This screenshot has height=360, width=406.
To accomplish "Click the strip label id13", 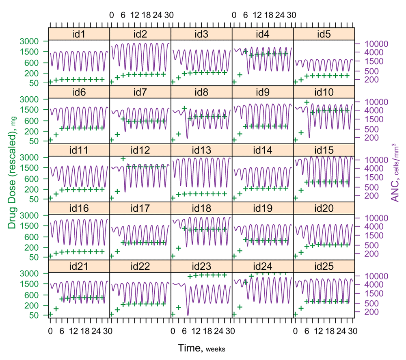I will pyautogui.click(x=201, y=150).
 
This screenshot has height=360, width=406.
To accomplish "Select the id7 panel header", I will pyautogui.click(x=140, y=93).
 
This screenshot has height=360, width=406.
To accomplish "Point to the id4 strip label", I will pyautogui.click(x=263, y=35).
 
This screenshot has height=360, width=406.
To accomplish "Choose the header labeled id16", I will pyautogui.click(x=79, y=208).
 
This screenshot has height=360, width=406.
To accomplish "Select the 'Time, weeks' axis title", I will pyautogui.click(x=201, y=348).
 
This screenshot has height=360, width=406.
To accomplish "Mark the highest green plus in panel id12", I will pyautogui.click(x=123, y=158).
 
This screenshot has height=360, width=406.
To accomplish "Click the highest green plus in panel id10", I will pyautogui.click(x=307, y=102).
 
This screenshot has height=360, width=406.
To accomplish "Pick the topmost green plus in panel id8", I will pyautogui.click(x=184, y=108).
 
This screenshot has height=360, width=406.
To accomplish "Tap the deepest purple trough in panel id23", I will pyautogui.click(x=188, y=315).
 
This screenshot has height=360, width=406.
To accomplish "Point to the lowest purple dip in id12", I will pyautogui.click(x=125, y=191).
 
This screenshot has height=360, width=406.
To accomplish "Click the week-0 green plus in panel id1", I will pyautogui.click(x=50, y=82).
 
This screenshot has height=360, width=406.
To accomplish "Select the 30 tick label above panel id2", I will pyautogui.click(x=169, y=15).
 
